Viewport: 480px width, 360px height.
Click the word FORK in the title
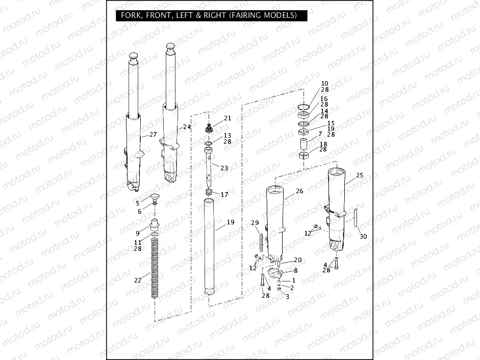tap(132, 15)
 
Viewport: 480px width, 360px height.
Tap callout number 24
tap(187, 126)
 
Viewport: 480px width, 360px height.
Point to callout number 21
tap(228, 118)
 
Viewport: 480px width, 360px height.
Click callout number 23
tap(224, 168)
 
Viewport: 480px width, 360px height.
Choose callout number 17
tap(224, 194)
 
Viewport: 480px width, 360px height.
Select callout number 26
tap(299, 191)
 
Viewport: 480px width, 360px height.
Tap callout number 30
tap(363, 237)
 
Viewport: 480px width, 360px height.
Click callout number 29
tap(255, 223)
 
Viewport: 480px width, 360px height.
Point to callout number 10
tap(324, 83)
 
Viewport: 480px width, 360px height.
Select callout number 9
tap(137, 233)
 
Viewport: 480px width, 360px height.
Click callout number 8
tap(295, 270)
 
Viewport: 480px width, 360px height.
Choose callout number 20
tap(297, 260)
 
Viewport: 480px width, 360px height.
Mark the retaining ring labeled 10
tap(304, 107)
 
